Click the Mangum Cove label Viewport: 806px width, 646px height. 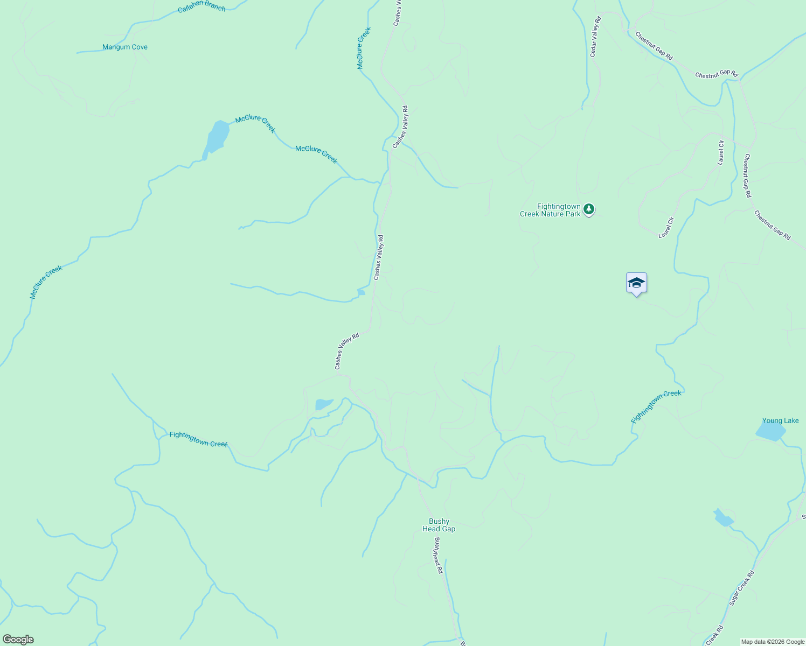[125, 47]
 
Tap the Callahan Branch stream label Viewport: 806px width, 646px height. [202, 6]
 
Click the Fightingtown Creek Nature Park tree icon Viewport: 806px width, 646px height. [589, 208]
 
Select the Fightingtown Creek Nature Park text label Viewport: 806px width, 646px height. [550, 210]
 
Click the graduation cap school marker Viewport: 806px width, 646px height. [636, 283]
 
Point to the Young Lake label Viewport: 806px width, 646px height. [780, 421]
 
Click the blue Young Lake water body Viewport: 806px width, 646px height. [770, 431]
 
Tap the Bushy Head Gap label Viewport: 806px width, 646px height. [439, 525]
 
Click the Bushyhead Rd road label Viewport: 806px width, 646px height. [438, 555]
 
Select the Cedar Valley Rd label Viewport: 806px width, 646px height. [595, 37]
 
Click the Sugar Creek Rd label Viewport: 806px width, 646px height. [742, 588]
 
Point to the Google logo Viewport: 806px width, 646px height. [18, 640]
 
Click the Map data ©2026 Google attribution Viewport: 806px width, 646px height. [773, 642]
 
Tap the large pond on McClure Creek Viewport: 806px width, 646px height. [217, 137]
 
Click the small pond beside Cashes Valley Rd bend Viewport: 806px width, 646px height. [324, 404]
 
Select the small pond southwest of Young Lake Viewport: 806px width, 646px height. [723, 518]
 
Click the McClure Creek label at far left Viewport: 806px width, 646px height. [46, 282]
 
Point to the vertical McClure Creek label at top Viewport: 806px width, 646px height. [364, 48]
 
